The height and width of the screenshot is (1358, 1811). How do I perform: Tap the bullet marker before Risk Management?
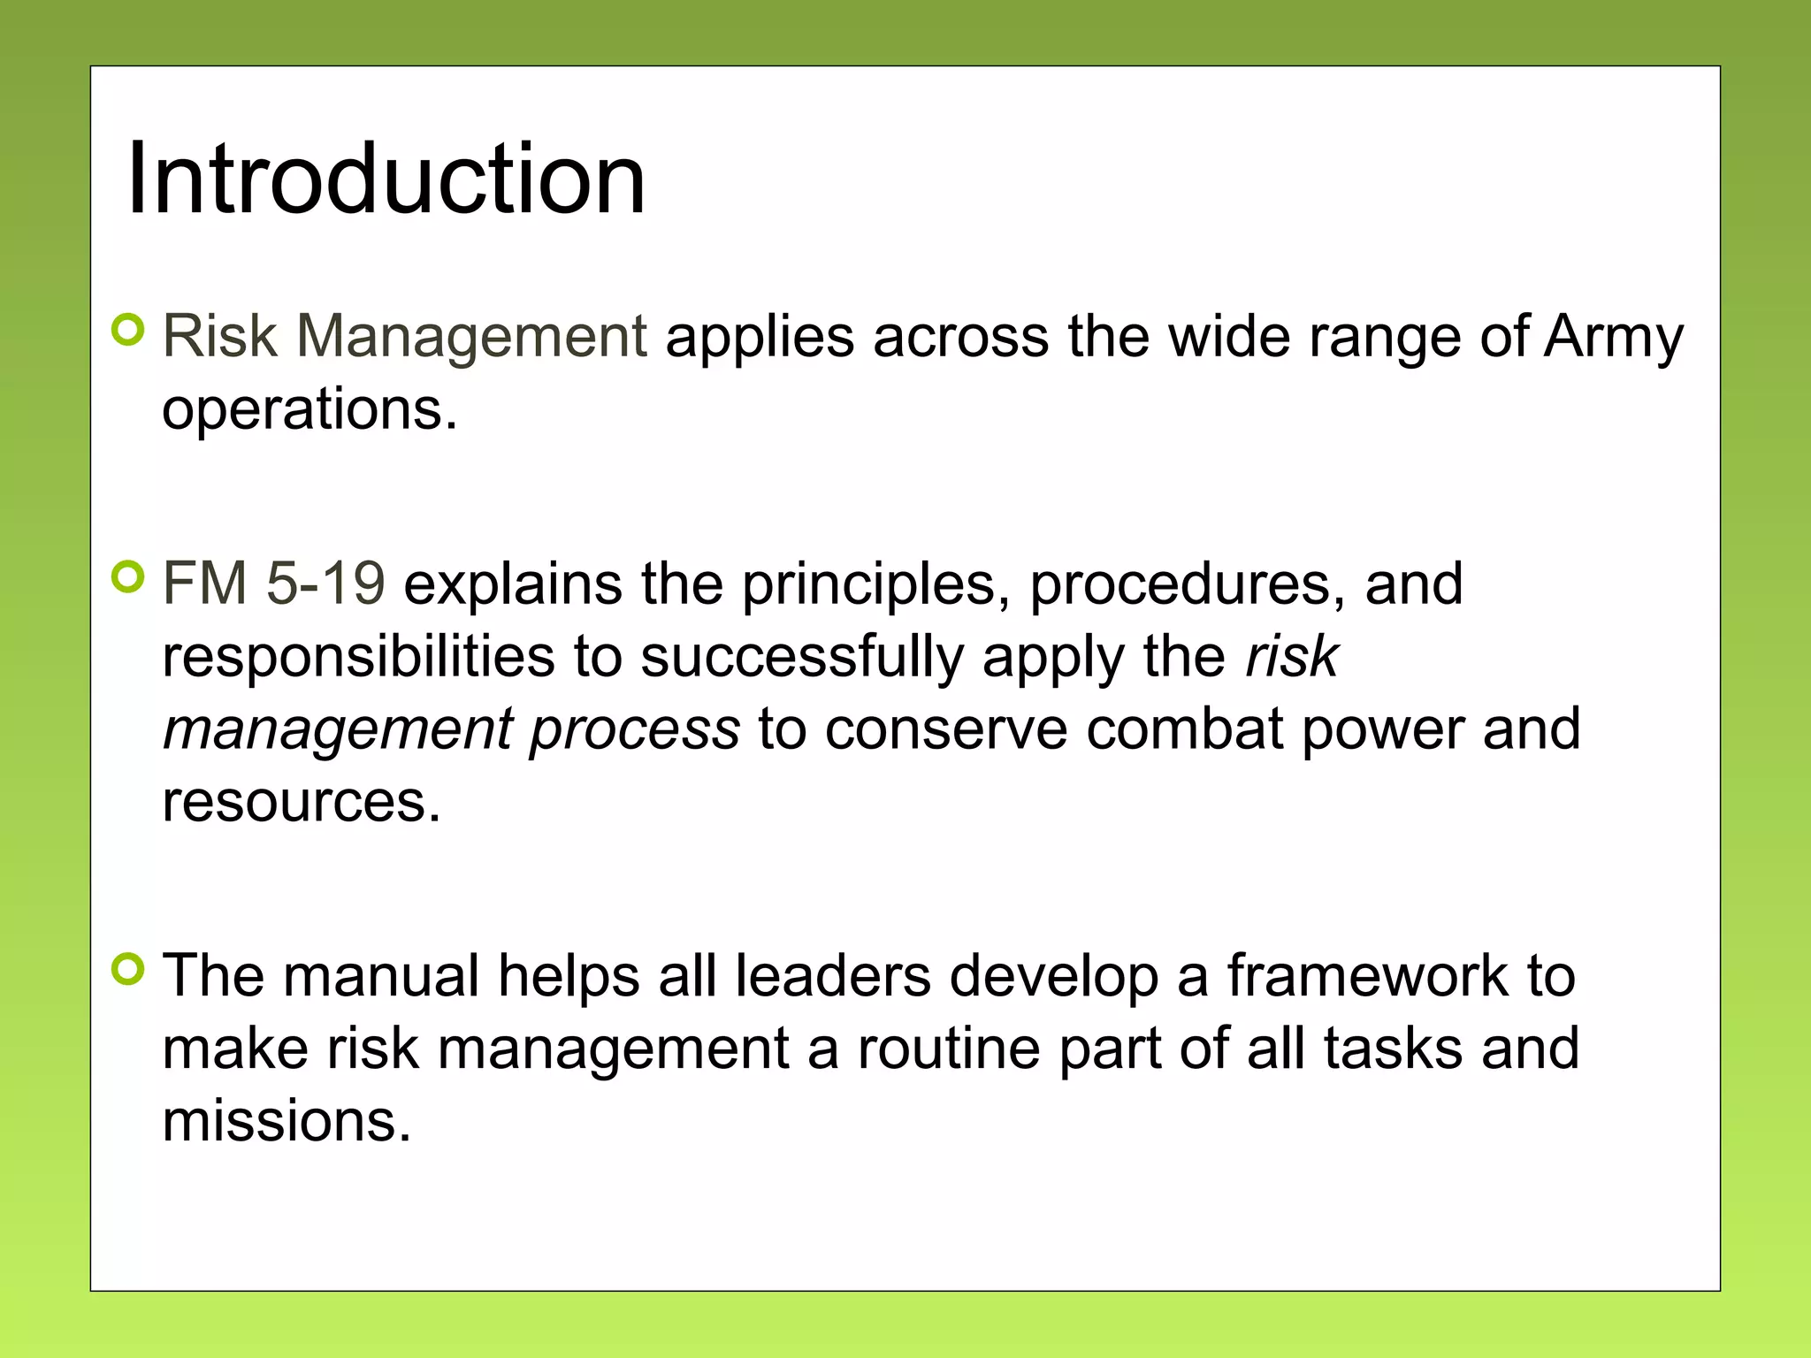(129, 331)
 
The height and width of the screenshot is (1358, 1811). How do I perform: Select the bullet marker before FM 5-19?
(129, 578)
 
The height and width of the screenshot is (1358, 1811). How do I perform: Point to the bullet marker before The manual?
(129, 969)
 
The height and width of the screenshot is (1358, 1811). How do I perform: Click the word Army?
(1614, 338)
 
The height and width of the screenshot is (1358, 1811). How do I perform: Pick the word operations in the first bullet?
(309, 410)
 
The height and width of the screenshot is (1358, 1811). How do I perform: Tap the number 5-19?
(325, 584)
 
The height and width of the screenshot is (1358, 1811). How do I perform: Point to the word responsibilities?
(358, 658)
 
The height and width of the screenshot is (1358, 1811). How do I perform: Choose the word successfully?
(801, 658)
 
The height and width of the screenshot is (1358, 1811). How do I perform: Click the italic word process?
(634, 730)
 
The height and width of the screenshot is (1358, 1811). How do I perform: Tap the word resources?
(301, 803)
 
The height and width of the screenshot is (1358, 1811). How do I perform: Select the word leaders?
(833, 976)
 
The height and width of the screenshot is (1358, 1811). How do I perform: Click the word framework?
(1367, 976)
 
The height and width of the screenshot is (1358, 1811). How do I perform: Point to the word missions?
(287, 1121)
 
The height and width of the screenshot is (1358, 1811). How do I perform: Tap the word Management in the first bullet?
(471, 338)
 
